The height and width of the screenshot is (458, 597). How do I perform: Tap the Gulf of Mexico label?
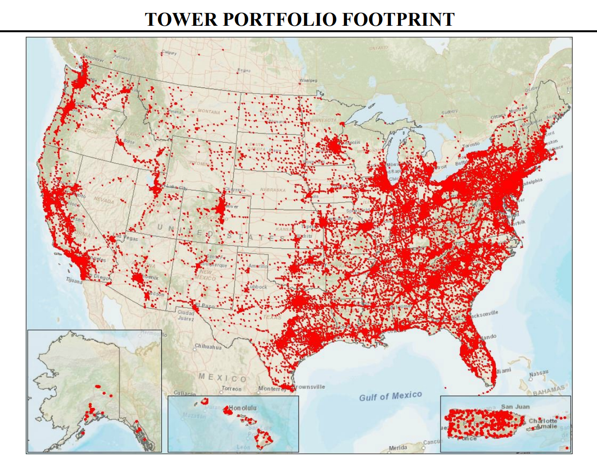click(x=390, y=396)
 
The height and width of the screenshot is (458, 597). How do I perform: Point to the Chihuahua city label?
click(x=208, y=347)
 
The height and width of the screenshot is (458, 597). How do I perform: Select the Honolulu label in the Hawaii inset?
click(x=243, y=408)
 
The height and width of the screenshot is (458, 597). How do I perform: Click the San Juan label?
click(x=515, y=407)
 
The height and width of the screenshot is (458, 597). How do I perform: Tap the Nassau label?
click(x=539, y=373)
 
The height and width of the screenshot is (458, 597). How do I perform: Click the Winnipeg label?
click(x=308, y=81)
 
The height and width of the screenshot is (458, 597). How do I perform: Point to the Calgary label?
click(x=169, y=53)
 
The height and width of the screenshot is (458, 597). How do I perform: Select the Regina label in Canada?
click(x=244, y=71)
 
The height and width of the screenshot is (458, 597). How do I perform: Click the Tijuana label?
click(x=74, y=281)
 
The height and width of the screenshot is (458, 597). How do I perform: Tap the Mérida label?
click(x=398, y=448)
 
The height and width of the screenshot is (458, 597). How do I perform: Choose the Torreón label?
click(x=232, y=389)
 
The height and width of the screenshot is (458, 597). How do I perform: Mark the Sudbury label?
click(x=449, y=112)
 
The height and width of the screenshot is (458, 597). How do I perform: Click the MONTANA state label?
click(x=209, y=112)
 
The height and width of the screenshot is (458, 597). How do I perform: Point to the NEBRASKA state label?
click(x=272, y=190)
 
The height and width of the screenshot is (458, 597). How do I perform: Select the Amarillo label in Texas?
click(x=258, y=266)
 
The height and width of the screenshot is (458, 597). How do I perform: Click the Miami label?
click(x=503, y=371)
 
